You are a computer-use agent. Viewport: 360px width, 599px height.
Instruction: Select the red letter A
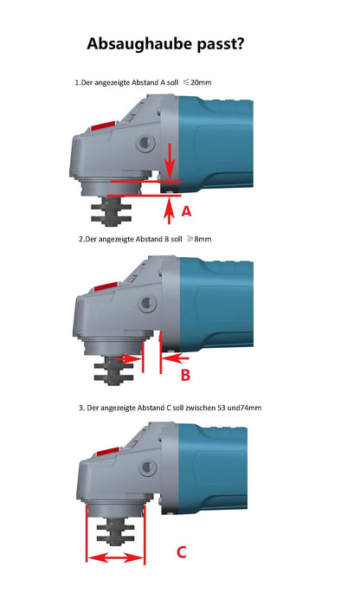point(185,209)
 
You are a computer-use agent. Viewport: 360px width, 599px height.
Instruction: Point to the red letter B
point(184,374)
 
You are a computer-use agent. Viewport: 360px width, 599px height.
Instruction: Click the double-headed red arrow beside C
point(114,559)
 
